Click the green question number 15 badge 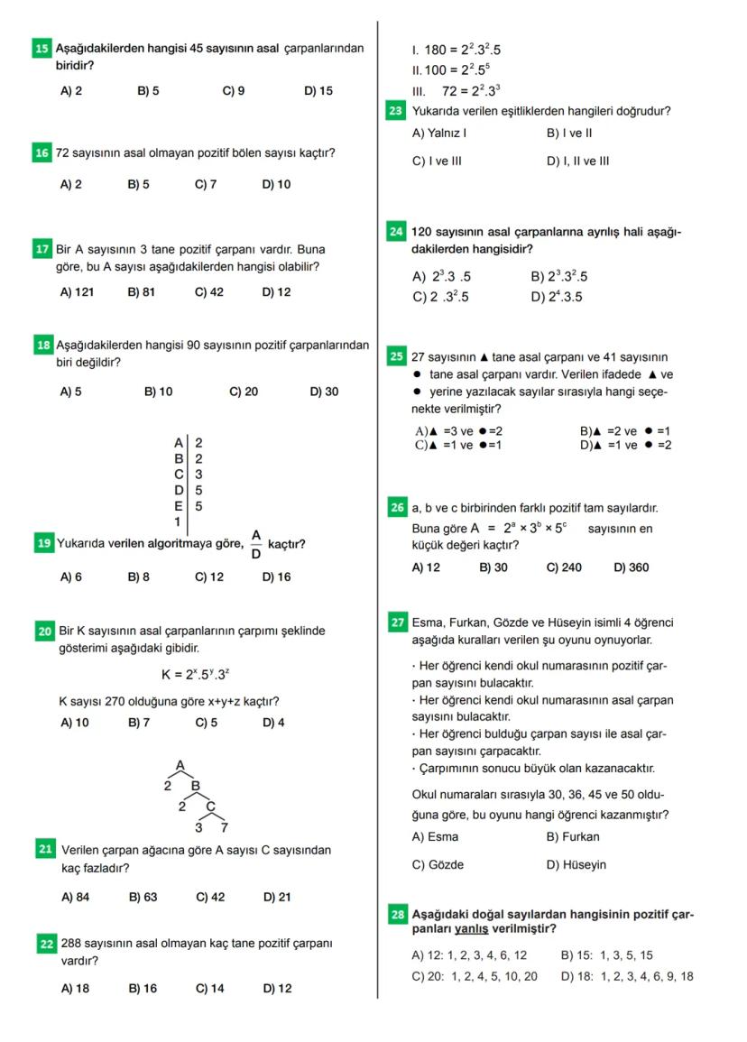[41, 49]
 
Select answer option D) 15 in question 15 [318, 91]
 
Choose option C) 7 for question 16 [206, 184]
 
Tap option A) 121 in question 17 [77, 292]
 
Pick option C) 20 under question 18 [244, 392]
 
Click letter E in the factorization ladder [179, 506]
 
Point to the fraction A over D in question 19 [255, 544]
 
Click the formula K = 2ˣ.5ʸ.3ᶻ [188, 674]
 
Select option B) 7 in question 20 [138, 723]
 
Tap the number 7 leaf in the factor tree [225, 826]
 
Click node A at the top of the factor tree [180, 765]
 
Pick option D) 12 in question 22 [277, 988]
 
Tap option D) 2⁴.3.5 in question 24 [557, 297]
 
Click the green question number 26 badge [396, 509]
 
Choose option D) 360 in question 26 [631, 567]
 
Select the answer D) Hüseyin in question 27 [576, 864]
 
